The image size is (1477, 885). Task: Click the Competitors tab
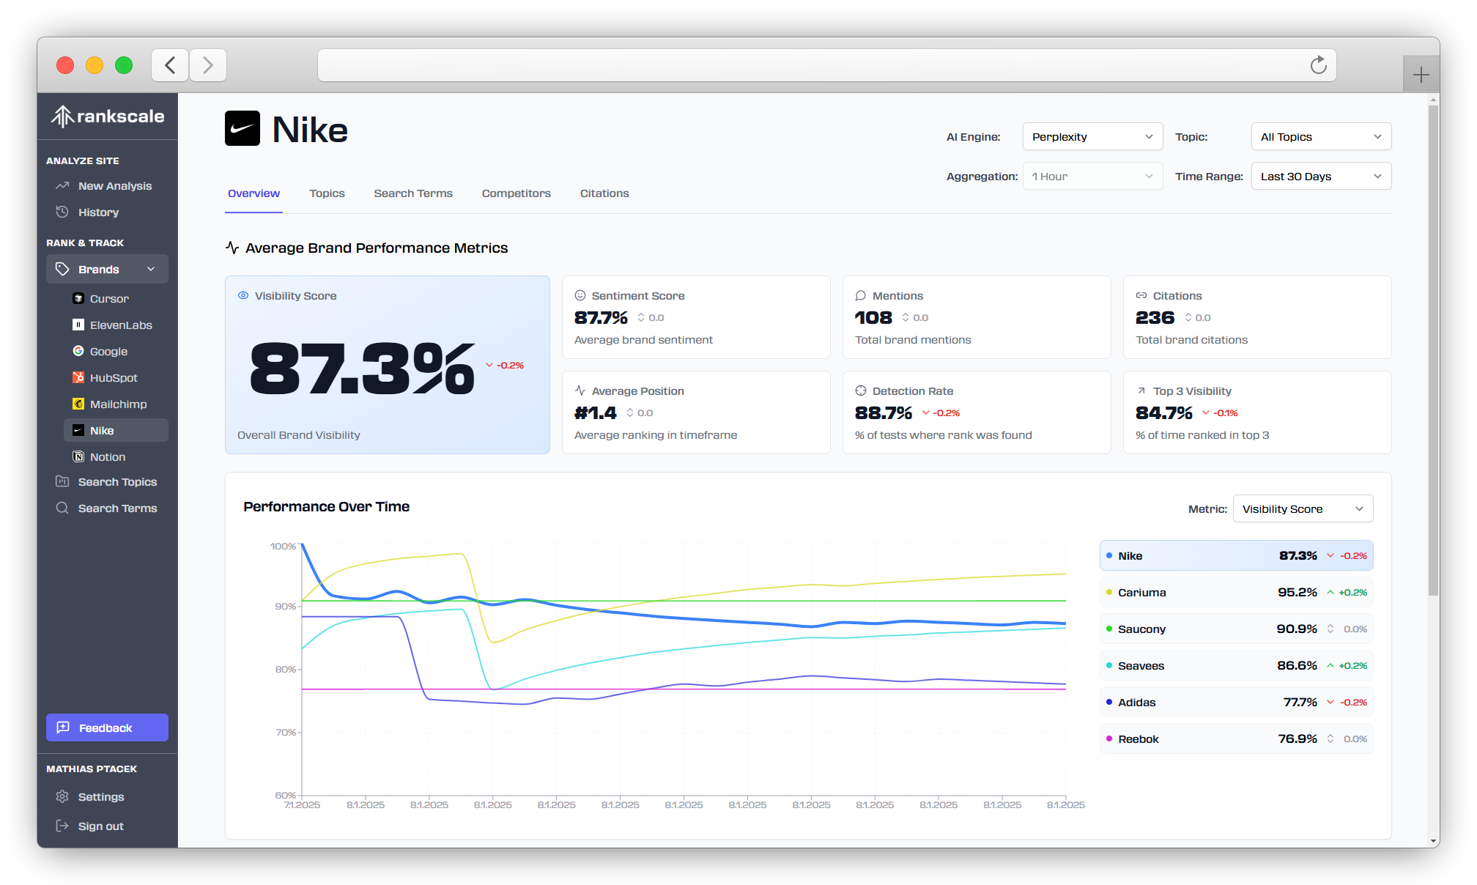click(516, 193)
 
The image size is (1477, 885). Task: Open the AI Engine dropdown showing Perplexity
click(1092, 137)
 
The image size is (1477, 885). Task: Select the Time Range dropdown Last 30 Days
click(1320, 177)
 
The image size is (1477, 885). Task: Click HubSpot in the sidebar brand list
click(113, 378)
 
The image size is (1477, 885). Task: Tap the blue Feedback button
click(107, 727)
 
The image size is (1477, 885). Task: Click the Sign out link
click(100, 826)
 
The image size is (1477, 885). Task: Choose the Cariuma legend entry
click(1235, 593)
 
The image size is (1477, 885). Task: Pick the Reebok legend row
click(1235, 739)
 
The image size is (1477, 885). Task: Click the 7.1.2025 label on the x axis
click(302, 805)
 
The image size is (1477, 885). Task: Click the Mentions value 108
click(873, 318)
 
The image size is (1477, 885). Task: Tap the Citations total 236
click(1155, 318)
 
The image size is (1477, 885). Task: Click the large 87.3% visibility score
click(362, 369)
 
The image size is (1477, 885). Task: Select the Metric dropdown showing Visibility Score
click(1302, 509)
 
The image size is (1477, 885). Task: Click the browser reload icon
click(1318, 65)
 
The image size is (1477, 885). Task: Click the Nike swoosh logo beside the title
click(243, 129)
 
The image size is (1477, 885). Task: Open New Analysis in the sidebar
click(114, 186)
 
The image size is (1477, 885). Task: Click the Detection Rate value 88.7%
click(884, 413)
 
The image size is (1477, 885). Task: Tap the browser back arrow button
click(170, 65)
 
